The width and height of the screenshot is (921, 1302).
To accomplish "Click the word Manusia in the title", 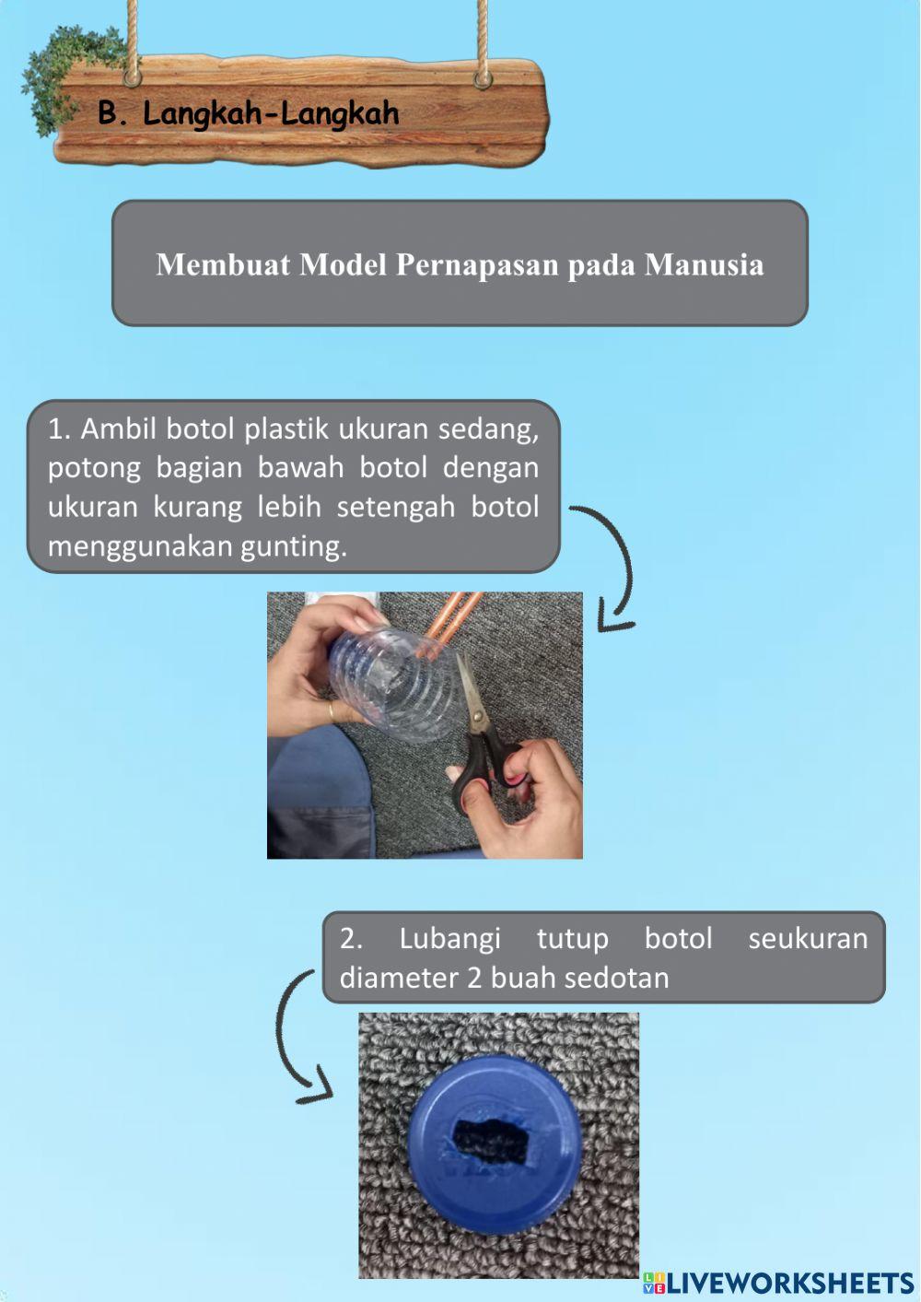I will [x=704, y=264].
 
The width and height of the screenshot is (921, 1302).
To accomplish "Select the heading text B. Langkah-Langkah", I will [x=249, y=113].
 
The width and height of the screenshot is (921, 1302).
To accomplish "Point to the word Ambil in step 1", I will [x=119, y=428].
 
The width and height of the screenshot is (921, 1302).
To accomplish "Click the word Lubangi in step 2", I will [x=449, y=938].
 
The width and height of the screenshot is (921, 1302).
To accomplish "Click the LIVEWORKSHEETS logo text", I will [x=788, y=1284].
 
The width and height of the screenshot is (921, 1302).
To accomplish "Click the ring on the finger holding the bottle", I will [x=331, y=711].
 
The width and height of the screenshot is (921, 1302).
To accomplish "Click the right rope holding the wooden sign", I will [x=482, y=41].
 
